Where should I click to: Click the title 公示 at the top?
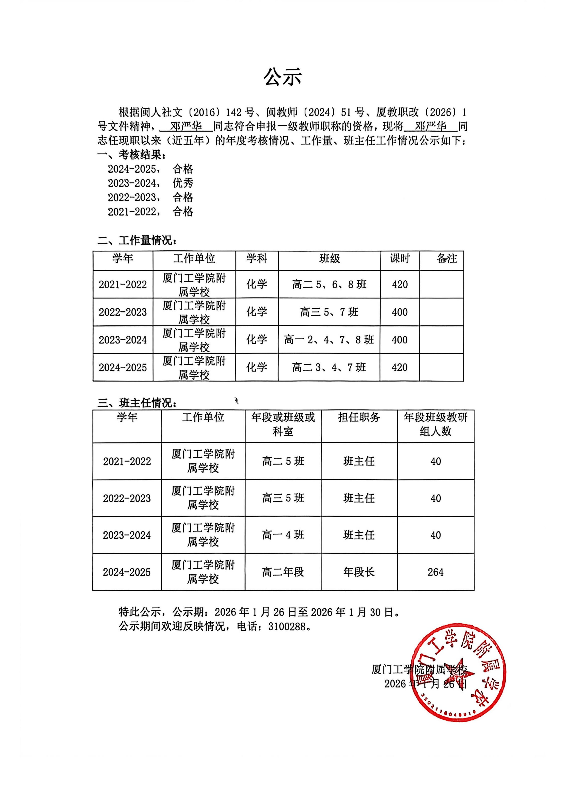[x=282, y=77]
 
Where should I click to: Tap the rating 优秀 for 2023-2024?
[x=183, y=183]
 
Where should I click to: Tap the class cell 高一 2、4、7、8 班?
[x=329, y=340]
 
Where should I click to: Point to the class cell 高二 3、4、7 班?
[x=329, y=367]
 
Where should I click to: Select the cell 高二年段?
[x=283, y=572]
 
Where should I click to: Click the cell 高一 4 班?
[x=283, y=535]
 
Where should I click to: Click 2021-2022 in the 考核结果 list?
[x=132, y=211]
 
